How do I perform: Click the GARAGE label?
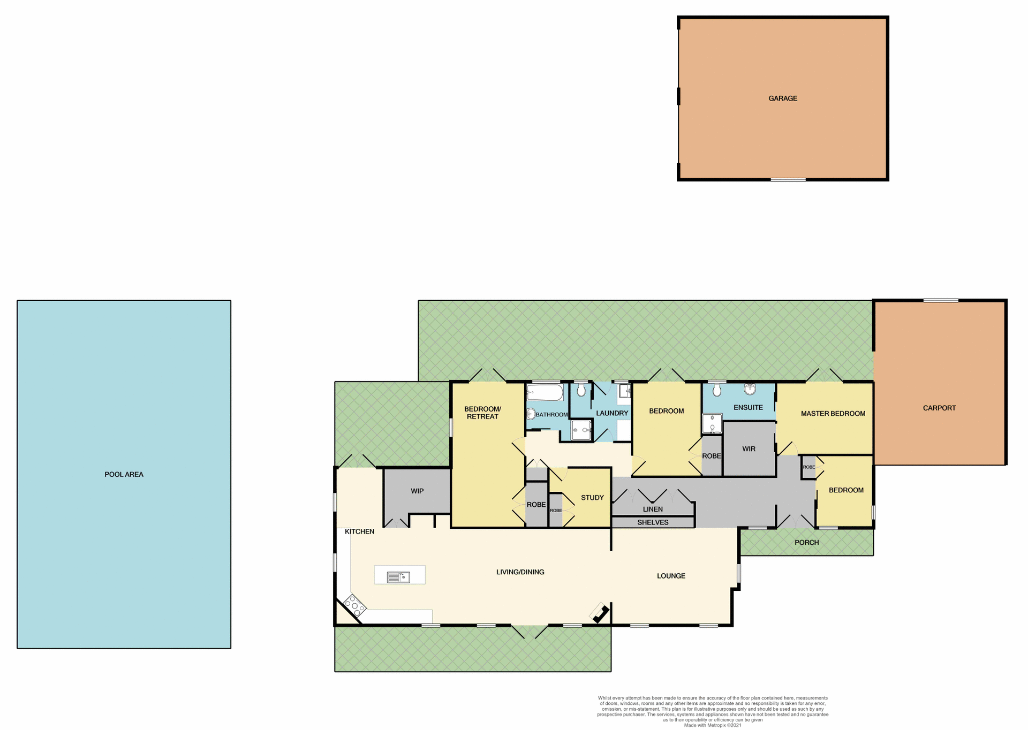click(783, 98)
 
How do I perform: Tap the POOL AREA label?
click(124, 474)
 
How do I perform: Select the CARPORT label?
click(939, 408)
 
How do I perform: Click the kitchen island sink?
click(398, 577)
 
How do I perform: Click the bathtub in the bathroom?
click(545, 393)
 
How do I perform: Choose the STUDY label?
click(592, 498)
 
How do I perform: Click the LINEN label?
click(653, 509)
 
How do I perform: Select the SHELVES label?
click(653, 522)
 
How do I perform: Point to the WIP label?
click(417, 491)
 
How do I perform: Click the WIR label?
click(749, 449)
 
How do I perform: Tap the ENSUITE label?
click(748, 407)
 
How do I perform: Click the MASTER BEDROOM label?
click(833, 413)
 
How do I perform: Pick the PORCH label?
click(806, 542)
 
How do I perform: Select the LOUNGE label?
click(671, 576)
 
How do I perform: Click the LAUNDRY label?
click(612, 413)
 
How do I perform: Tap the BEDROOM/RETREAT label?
click(482, 413)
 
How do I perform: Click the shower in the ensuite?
click(712, 423)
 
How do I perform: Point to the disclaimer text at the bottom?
click(713, 711)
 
